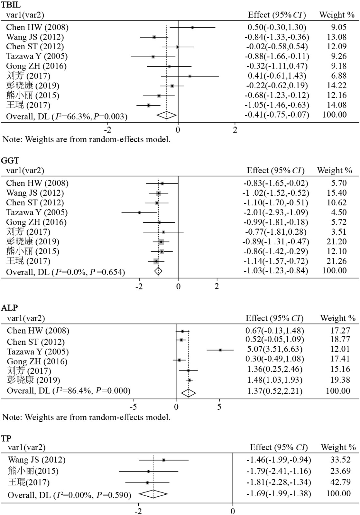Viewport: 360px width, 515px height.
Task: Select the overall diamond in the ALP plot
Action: click(188, 393)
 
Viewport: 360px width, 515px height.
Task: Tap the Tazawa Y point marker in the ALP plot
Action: click(220, 350)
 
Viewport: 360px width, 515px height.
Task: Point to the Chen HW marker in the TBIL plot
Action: click(192, 27)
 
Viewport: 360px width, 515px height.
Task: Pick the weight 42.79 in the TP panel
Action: click(340, 482)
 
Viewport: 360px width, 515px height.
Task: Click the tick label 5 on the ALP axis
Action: click(219, 407)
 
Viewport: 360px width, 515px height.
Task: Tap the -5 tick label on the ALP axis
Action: click(133, 407)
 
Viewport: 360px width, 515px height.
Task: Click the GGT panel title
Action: click(10, 160)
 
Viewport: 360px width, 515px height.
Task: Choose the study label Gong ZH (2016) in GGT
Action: click(36, 222)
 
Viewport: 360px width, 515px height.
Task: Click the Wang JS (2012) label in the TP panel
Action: click(36, 460)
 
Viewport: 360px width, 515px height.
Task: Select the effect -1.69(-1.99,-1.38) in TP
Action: click(279, 493)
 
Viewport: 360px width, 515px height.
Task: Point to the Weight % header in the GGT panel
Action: click(335, 170)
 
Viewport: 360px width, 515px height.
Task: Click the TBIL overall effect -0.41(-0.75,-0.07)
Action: click(277, 115)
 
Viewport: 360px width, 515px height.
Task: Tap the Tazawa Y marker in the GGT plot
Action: click(139, 212)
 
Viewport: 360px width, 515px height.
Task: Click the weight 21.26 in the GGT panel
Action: click(335, 261)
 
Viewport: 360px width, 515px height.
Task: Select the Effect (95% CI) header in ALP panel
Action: click(274, 318)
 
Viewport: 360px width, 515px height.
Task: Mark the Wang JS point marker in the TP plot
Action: click(164, 460)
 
